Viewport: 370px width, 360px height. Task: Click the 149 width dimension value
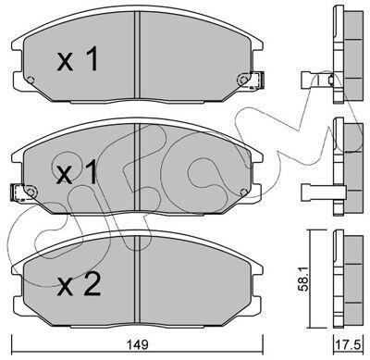pyautogui.click(x=137, y=344)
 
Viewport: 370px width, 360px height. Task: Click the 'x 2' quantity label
pyautogui.click(x=80, y=285)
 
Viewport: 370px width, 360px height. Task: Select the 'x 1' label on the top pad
pyautogui.click(x=78, y=59)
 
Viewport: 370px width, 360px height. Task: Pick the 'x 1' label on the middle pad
pyautogui.click(x=77, y=173)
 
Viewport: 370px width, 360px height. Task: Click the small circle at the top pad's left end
pyautogui.click(x=31, y=80)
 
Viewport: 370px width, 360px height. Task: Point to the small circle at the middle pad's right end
pyautogui.click(x=243, y=192)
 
